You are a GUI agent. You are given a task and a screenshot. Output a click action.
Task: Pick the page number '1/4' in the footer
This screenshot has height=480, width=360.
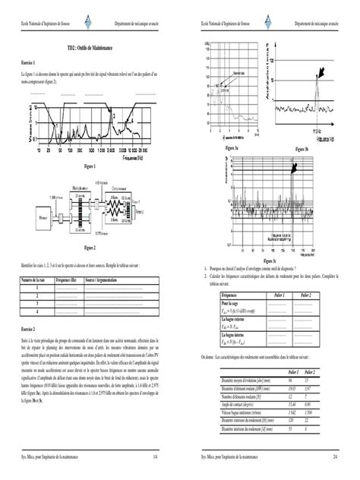pos(155,458)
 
